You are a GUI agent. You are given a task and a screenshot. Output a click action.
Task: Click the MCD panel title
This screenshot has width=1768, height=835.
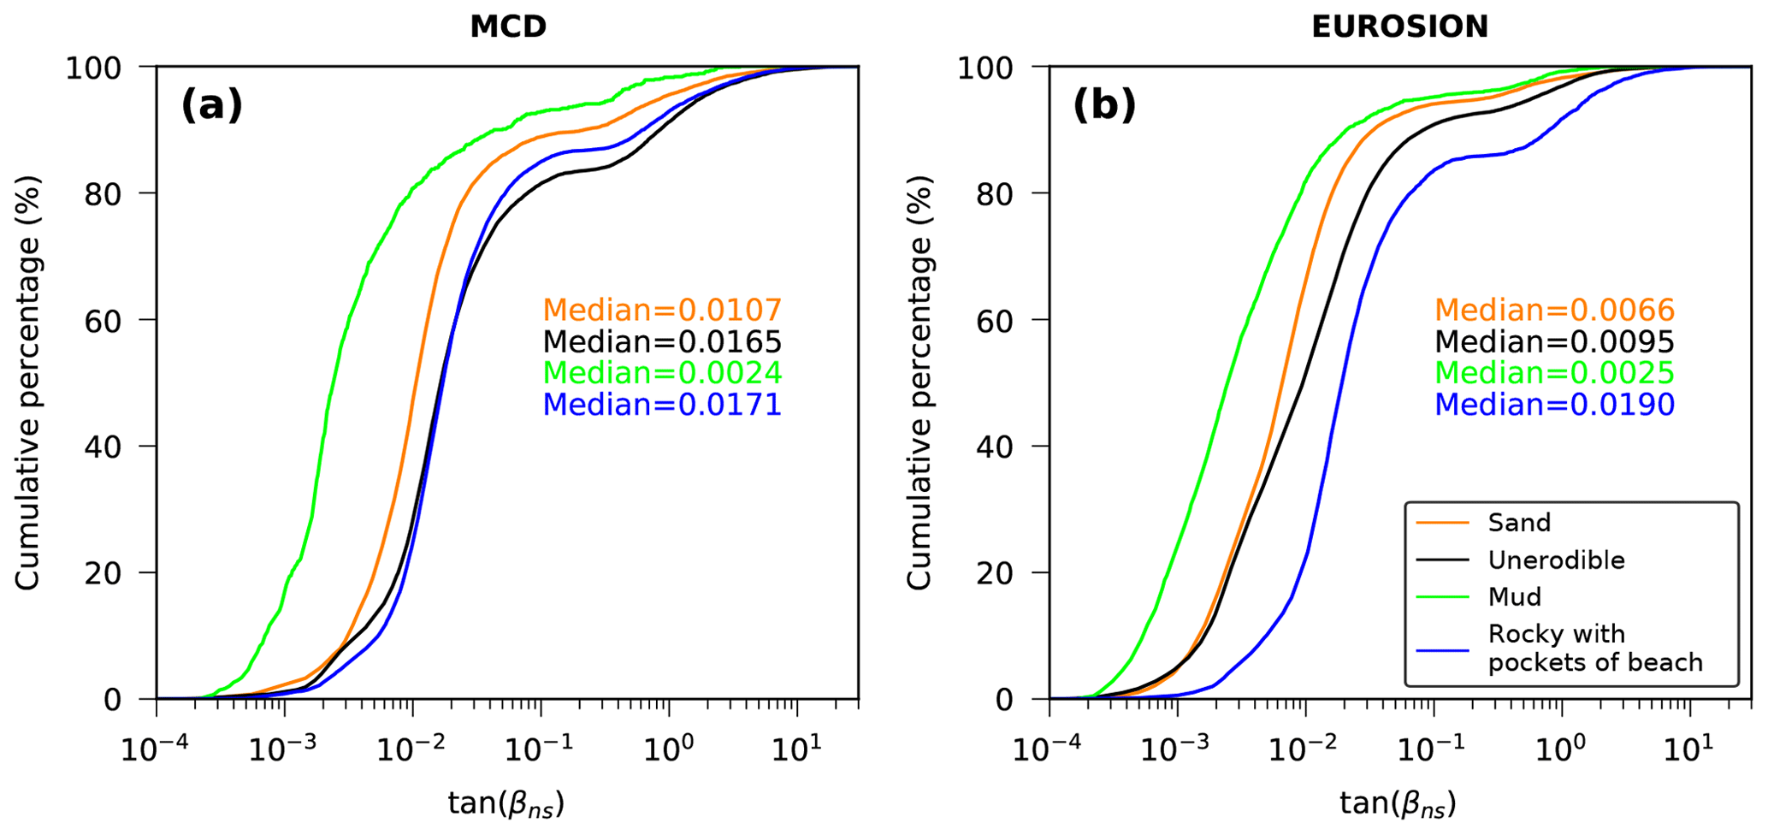pos(508,27)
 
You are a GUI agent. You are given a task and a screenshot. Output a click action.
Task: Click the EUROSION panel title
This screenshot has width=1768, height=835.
pos(1399,27)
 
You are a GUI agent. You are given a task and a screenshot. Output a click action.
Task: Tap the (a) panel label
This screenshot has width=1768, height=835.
pos(211,105)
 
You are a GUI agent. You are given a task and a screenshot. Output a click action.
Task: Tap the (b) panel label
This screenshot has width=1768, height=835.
pos(1103,105)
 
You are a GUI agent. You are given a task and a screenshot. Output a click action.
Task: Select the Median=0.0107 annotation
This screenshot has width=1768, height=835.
pos(662,310)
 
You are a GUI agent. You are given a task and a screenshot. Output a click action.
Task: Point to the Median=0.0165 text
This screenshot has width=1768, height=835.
pos(662,342)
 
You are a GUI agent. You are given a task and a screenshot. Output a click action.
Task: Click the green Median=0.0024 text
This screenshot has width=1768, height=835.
pos(662,373)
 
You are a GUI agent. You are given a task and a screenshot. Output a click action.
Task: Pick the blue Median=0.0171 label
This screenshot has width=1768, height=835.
pos(662,405)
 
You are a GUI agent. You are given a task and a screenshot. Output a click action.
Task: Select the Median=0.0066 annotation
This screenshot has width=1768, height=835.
pos(1554,310)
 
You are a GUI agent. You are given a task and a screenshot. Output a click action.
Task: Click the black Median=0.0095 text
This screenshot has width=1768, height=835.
pos(1554,342)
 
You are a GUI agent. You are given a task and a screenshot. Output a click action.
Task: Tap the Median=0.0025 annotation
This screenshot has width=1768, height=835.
pos(1554,373)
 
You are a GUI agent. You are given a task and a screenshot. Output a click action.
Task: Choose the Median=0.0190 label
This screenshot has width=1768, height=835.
pos(1554,405)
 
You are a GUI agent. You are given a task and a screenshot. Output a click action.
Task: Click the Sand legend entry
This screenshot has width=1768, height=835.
pos(1519,523)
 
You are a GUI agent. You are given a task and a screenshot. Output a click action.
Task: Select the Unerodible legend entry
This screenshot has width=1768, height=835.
pos(1556,560)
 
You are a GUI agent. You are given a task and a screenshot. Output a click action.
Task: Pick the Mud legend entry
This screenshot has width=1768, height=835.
pos(1514,596)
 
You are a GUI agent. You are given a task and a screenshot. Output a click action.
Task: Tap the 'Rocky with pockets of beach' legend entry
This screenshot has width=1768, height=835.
pos(1594,648)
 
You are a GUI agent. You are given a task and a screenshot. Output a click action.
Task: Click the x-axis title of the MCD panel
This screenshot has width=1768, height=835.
pos(506,803)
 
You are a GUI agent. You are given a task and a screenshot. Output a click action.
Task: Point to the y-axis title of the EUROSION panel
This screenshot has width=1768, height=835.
pos(919,382)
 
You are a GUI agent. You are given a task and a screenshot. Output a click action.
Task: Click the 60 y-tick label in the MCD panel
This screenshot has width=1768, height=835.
pos(101,320)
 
